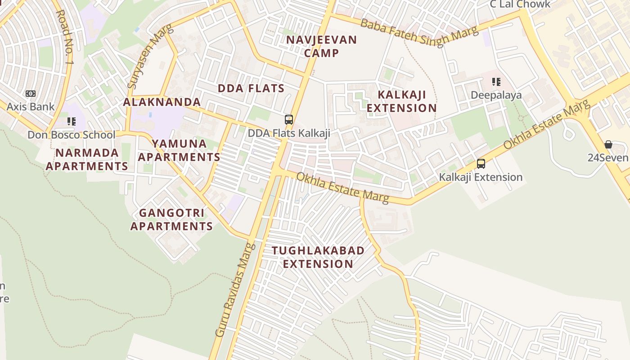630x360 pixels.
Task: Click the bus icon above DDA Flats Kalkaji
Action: pyautogui.click(x=289, y=120)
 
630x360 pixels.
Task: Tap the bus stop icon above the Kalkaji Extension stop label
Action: pyautogui.click(x=481, y=164)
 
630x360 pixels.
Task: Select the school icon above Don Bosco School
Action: pyautogui.click(x=71, y=121)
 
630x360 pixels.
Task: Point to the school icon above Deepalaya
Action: pyautogui.click(x=496, y=82)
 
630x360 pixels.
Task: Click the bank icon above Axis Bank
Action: pyautogui.click(x=30, y=94)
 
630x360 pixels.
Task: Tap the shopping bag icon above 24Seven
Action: pyautogui.click(x=608, y=144)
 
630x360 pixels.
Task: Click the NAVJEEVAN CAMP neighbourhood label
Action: pyautogui.click(x=321, y=46)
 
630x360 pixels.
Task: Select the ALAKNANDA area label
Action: pyautogui.click(x=162, y=102)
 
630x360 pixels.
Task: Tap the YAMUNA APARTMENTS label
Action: pyautogui.click(x=179, y=150)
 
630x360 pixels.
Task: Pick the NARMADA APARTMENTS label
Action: pyautogui.click(x=87, y=159)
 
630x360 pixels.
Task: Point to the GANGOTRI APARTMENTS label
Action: pyautogui.click(x=171, y=219)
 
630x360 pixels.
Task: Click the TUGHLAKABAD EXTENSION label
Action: pyautogui.click(x=318, y=257)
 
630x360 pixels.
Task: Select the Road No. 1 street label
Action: pyautogui.click(x=64, y=36)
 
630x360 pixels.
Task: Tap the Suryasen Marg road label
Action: pyautogui.click(x=143, y=57)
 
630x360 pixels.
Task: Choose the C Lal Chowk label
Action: pyautogui.click(x=520, y=4)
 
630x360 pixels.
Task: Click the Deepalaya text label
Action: pyautogui.click(x=496, y=95)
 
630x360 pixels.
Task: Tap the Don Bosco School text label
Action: pyautogui.click(x=71, y=135)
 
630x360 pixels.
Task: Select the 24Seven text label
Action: pyautogui.click(x=607, y=157)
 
